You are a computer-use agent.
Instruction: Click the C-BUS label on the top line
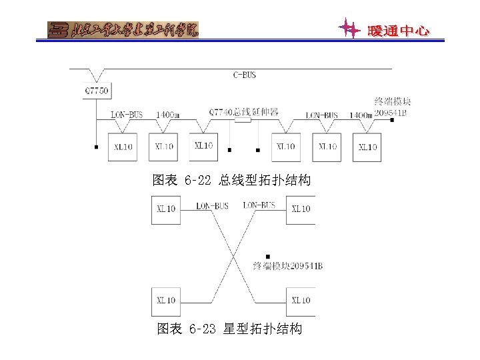(x=245, y=75)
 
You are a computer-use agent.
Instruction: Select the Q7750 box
(x=97, y=90)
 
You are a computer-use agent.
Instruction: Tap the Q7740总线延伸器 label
(x=243, y=112)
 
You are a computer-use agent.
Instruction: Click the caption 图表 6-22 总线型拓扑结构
(x=231, y=180)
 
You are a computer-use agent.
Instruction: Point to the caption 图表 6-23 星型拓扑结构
(x=229, y=329)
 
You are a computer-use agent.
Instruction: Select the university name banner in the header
(x=123, y=30)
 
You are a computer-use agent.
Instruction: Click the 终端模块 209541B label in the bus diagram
(x=392, y=107)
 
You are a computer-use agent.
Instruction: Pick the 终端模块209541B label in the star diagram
(x=288, y=266)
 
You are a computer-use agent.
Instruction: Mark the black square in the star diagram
(x=267, y=255)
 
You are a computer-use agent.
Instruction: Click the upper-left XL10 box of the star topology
(x=166, y=209)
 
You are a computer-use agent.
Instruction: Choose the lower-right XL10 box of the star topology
(x=301, y=301)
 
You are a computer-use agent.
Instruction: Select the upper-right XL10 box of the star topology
(x=301, y=209)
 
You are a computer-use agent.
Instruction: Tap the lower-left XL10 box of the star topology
(x=166, y=301)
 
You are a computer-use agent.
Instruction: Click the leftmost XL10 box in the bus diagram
(x=123, y=147)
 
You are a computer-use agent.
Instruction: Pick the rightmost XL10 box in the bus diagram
(x=367, y=147)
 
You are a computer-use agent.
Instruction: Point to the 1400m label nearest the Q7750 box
(x=167, y=115)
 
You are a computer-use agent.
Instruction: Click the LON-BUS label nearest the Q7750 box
(x=127, y=115)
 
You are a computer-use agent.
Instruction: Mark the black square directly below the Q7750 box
(x=97, y=146)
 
